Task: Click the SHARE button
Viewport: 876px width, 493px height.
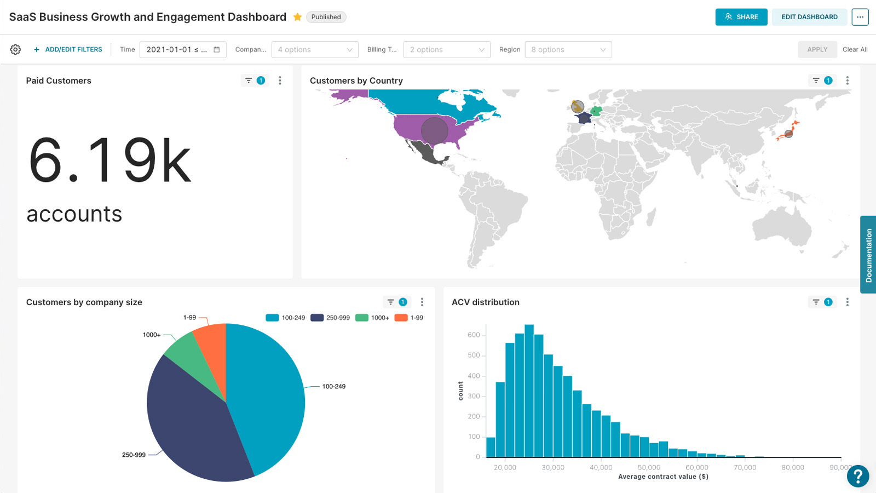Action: coord(741,17)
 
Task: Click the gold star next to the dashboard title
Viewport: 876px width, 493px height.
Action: coord(297,17)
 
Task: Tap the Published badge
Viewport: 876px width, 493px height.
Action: coord(326,17)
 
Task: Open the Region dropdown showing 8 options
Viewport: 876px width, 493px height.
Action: coord(568,49)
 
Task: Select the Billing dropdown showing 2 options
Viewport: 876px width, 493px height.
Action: coord(446,49)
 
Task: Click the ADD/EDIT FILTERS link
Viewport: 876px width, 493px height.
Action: coord(68,49)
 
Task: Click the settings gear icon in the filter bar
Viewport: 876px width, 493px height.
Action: coord(15,49)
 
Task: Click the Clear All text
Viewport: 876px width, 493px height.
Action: coord(855,49)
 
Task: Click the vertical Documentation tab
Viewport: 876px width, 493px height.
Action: coord(868,255)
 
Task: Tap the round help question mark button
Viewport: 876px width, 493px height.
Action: coord(857,475)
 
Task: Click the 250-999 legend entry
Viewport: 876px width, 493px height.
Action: coord(330,318)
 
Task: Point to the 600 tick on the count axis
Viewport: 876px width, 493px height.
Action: coord(474,335)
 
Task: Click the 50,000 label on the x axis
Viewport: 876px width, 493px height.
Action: coord(649,467)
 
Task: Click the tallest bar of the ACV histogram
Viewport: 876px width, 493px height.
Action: coord(529,392)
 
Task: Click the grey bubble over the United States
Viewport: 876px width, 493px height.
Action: coord(434,131)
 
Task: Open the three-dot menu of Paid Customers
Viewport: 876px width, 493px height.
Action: coord(280,81)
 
